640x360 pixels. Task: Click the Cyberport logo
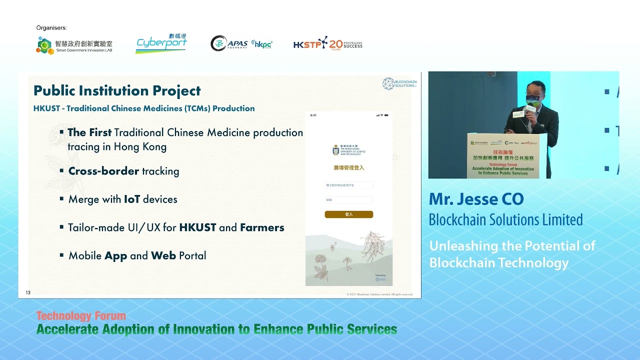pyautogui.click(x=161, y=44)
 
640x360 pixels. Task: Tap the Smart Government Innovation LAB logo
pyautogui.click(x=74, y=45)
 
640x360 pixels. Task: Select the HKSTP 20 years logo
pyautogui.click(x=327, y=44)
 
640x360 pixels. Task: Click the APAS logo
pyautogui.click(x=229, y=43)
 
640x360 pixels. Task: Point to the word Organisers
pyautogui.click(x=51, y=28)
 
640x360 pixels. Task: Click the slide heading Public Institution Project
pyautogui.click(x=117, y=91)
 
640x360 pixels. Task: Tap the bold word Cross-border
pyautogui.click(x=103, y=171)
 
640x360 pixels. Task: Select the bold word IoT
pyautogui.click(x=131, y=199)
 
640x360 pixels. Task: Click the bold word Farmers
pyautogui.click(x=262, y=227)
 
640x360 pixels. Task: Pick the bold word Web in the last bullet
pyautogui.click(x=163, y=255)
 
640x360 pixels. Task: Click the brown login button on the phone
pyautogui.click(x=348, y=214)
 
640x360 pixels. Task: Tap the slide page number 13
pyautogui.click(x=28, y=292)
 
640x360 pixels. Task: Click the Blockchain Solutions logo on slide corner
pyautogui.click(x=399, y=83)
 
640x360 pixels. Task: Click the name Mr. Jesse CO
pyautogui.click(x=476, y=199)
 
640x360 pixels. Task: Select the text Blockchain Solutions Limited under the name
pyautogui.click(x=505, y=220)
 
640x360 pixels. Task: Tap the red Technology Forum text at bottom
pyautogui.click(x=81, y=316)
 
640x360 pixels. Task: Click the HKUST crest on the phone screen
pyautogui.click(x=336, y=150)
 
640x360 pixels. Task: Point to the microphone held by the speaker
pyautogui.click(x=530, y=108)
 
